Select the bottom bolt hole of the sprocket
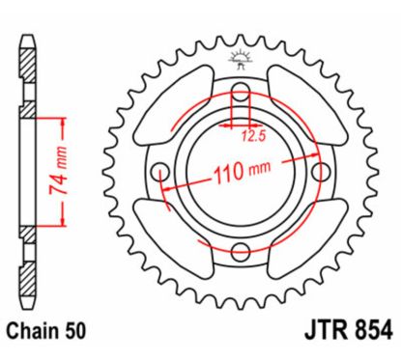tap(240, 252)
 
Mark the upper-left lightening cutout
tap(172, 108)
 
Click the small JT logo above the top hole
tap(240, 60)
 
